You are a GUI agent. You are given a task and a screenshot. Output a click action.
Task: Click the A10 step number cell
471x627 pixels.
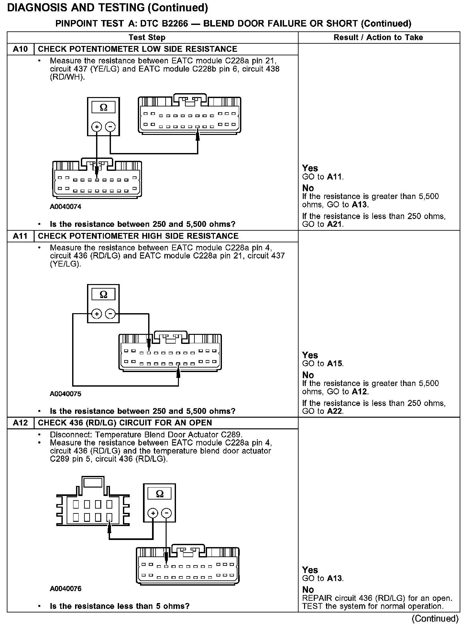pos(20,49)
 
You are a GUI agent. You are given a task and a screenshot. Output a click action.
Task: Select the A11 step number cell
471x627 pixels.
pos(20,236)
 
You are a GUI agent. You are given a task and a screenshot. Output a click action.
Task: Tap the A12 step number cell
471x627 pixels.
pos(20,423)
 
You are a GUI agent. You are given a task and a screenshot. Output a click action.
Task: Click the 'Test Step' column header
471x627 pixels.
pos(147,38)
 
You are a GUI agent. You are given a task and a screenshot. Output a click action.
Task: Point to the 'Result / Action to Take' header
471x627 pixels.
pos(378,38)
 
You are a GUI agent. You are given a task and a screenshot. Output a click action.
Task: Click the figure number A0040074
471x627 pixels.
pos(65,207)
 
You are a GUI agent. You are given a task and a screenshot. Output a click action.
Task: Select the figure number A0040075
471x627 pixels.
pos(65,394)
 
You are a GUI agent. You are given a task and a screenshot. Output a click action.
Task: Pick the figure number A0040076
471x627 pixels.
pos(65,588)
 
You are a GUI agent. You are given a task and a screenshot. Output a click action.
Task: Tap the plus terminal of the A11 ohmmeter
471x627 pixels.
pos(97,313)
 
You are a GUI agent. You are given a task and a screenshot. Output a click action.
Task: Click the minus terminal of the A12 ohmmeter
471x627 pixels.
pos(166,513)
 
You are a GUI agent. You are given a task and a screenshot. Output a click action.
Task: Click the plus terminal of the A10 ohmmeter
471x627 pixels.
pos(97,126)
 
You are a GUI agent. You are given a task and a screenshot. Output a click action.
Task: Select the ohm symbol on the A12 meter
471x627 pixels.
pos(160,494)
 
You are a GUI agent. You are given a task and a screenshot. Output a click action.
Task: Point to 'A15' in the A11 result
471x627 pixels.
pos(334,363)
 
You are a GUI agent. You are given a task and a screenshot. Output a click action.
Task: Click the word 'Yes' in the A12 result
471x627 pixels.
pos(310,570)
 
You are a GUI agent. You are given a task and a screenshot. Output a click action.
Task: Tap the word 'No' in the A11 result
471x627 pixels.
pos(308,375)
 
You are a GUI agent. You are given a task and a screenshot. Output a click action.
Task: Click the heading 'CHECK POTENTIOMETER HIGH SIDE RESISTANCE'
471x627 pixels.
pos(138,236)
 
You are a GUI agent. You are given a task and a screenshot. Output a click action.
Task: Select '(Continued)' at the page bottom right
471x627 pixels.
pos(435,618)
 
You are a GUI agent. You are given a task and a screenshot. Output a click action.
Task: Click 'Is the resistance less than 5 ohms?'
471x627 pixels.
pos(120,606)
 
